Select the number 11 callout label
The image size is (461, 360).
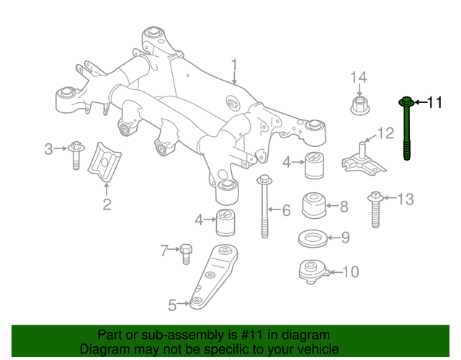(x=434, y=103)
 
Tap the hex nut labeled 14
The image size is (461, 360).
(x=359, y=106)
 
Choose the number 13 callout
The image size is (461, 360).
(x=406, y=199)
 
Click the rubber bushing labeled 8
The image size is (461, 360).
(x=314, y=207)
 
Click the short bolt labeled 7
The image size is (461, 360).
(x=186, y=253)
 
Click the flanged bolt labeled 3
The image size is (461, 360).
(x=76, y=154)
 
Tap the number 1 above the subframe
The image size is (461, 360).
(x=234, y=68)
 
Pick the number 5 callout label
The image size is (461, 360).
(x=172, y=305)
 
